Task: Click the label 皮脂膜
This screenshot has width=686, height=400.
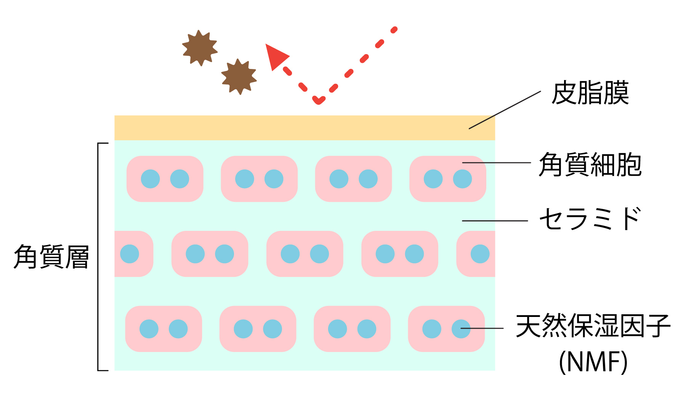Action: coord(590,93)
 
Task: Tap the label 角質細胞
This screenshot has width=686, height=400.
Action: coord(590,165)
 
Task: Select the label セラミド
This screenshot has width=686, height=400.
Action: coord(590,219)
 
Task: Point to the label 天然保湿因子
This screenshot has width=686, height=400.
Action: coord(593,326)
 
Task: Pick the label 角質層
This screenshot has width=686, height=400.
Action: coord(51,257)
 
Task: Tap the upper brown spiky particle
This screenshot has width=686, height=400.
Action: coord(200,48)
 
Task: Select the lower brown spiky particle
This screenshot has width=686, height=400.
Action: coord(239,77)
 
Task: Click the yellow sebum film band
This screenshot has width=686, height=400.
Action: coord(290,128)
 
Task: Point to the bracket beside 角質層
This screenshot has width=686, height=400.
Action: coord(98,257)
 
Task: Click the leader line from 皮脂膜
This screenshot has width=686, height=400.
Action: coord(505,110)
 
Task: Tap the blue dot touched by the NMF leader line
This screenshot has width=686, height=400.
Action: coord(461,329)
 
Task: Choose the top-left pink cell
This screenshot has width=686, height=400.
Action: coord(165,179)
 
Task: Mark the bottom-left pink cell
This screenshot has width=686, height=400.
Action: coord(163,329)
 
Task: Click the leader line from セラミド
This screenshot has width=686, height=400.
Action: coord(495,221)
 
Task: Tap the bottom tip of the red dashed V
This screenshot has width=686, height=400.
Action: coord(318,101)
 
